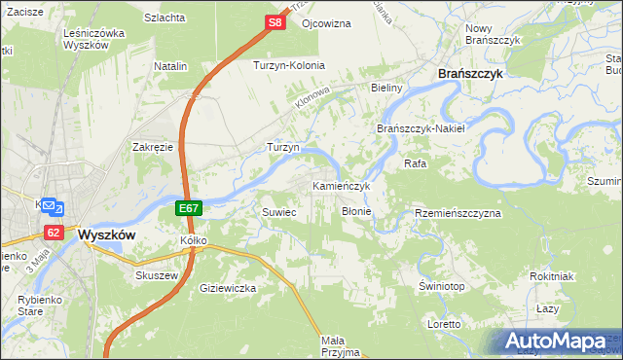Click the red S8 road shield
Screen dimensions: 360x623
tap(275, 21)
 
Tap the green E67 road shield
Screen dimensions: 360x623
tap(190, 208)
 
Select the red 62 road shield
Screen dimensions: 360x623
tap(53, 233)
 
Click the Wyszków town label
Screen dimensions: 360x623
tap(106, 235)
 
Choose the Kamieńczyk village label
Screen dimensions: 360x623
tap(341, 185)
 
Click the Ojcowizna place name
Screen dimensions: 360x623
tap(326, 22)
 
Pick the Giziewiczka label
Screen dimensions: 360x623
tap(227, 289)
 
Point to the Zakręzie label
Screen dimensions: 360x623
tap(152, 147)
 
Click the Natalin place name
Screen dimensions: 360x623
tap(169, 66)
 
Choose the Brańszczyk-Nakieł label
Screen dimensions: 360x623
tap(421, 128)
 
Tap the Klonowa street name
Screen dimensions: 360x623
tap(314, 98)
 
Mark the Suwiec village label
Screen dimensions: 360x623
tap(278, 211)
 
